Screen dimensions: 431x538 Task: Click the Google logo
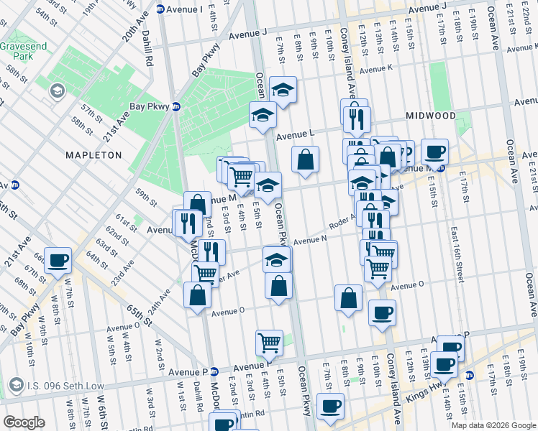coord(24,422)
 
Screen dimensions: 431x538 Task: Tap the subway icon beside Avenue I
coord(160,9)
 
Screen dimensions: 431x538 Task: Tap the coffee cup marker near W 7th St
coord(58,260)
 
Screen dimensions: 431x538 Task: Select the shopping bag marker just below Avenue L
coord(306,159)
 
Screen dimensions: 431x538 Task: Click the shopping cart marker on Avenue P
coord(269,342)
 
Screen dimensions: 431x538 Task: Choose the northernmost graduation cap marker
coord(283,90)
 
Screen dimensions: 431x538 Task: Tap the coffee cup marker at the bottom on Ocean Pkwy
coord(330,406)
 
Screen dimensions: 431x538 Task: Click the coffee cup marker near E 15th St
coord(434,152)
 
